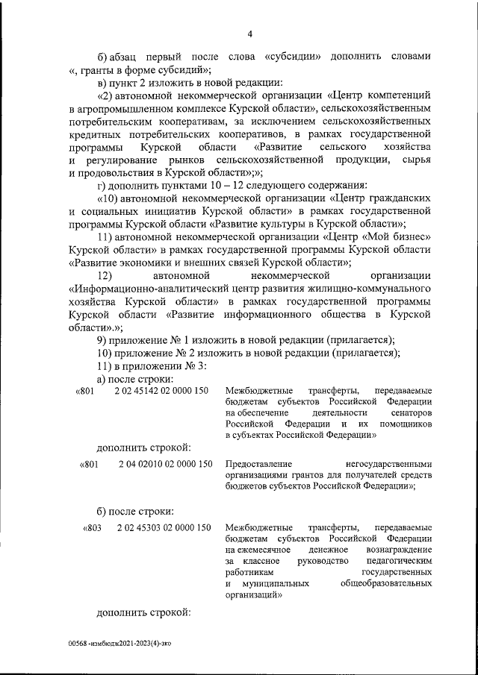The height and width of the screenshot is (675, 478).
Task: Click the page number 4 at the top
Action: tap(250, 34)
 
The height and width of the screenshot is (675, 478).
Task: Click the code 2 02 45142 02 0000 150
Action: tap(161, 391)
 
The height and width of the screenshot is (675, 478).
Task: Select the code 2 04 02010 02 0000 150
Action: tap(164, 464)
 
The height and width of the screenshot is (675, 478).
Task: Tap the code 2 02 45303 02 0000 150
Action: tap(164, 528)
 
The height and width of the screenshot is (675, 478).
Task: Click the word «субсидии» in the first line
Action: tap(292, 57)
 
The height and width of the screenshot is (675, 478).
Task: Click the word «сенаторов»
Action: tap(410, 412)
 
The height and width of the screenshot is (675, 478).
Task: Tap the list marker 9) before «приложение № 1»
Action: tap(103, 340)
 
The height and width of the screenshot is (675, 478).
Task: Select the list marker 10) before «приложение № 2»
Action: tap(105, 352)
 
